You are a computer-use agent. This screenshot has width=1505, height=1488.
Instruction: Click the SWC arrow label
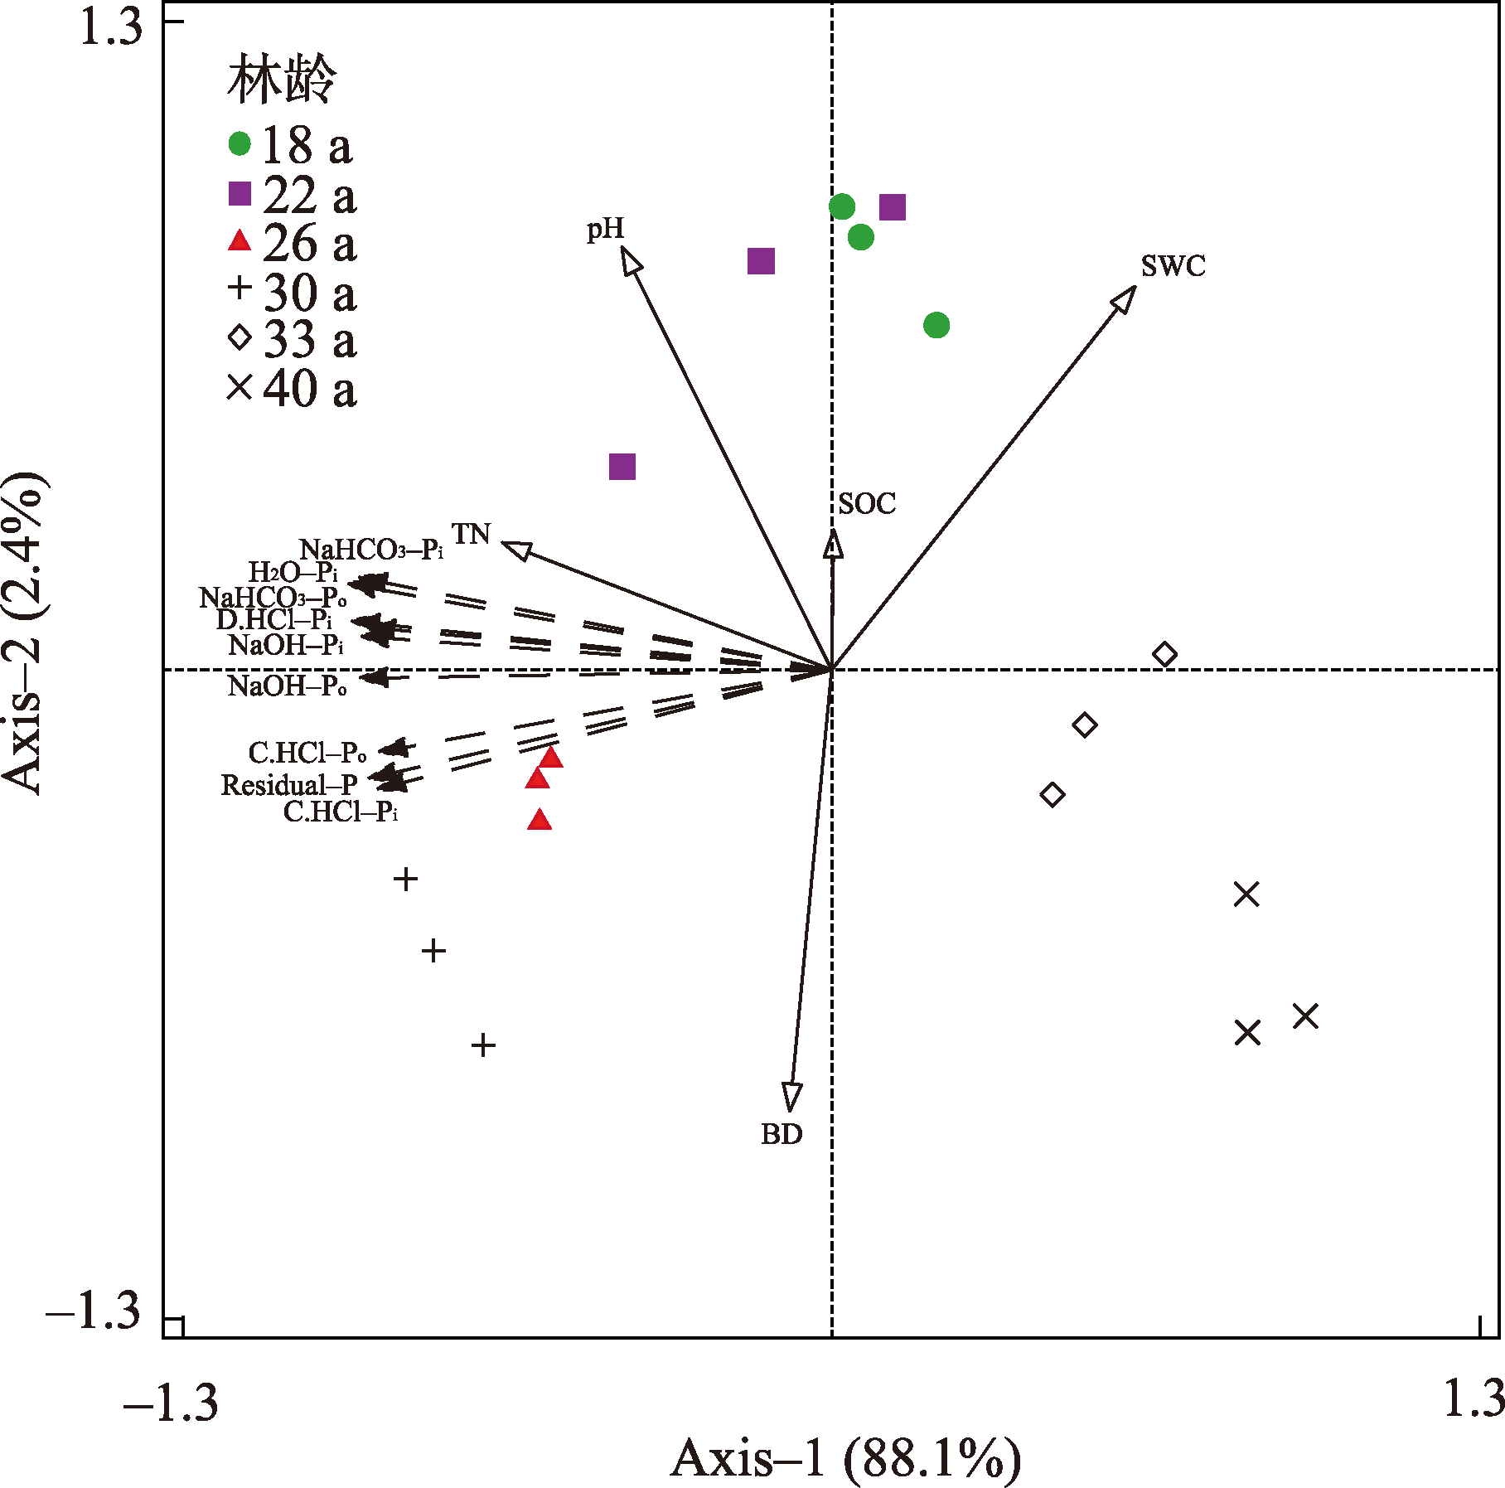1173,266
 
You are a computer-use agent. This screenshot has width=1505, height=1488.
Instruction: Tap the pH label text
605,229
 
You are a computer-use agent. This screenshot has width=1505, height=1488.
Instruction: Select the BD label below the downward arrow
782,1133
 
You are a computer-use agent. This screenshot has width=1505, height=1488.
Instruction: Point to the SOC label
867,503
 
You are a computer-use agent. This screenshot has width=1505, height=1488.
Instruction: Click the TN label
471,534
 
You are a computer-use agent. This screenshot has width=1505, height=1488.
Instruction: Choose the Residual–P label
289,784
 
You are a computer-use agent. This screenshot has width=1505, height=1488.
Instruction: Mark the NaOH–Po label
287,686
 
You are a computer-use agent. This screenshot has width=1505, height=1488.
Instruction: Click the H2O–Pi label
293,571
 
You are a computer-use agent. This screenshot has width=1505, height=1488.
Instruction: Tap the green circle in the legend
240,143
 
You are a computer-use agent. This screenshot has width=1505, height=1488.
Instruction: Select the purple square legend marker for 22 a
240,193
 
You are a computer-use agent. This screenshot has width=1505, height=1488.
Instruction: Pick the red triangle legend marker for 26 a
240,241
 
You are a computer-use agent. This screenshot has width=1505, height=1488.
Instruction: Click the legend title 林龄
282,80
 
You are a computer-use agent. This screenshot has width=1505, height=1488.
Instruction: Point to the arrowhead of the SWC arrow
1125,298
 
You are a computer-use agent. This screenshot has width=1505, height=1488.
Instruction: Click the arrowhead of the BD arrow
791,1096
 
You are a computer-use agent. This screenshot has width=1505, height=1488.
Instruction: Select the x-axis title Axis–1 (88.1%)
845,1457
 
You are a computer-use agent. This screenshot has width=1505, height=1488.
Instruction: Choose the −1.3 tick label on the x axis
171,1401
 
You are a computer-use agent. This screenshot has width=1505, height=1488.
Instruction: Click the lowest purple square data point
622,467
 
